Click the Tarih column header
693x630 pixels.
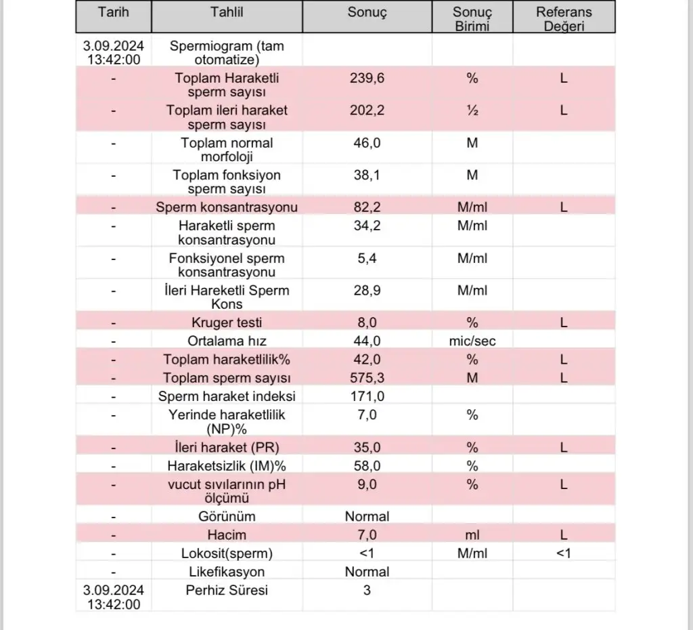coord(113,12)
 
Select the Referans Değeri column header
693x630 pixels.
coord(564,19)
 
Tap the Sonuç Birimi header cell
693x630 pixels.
coord(472,19)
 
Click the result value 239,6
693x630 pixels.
coord(367,78)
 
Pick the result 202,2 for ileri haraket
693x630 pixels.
coord(367,110)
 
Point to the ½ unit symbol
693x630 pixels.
coord(472,110)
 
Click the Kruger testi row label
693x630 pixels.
coord(227,322)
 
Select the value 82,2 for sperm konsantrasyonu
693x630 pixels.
coord(367,207)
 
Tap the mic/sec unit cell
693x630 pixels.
coord(472,341)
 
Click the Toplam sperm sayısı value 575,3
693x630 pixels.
coord(367,377)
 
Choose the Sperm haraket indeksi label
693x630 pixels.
coord(227,396)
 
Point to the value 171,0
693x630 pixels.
coord(367,396)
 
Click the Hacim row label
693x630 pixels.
coord(227,534)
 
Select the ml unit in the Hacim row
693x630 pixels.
coord(472,534)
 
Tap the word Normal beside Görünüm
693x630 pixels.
coord(367,516)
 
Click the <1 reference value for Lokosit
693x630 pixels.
coord(564,553)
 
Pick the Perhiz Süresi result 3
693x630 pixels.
coord(367,590)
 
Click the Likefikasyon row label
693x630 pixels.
coord(227,572)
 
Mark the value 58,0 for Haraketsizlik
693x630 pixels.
coord(367,466)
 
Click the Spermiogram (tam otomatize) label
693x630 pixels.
coord(227,53)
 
